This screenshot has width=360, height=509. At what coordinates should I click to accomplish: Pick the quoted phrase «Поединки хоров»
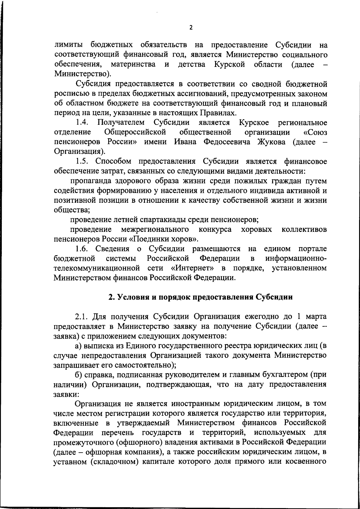[x=168, y=239]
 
